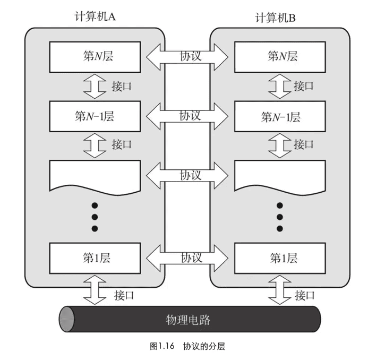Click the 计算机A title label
click(x=95, y=16)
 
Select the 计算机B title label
click(x=275, y=18)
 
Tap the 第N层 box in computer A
click(x=95, y=57)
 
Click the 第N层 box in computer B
click(x=280, y=57)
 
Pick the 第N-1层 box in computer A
click(x=95, y=116)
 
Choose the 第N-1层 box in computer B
click(x=280, y=116)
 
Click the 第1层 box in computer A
click(x=95, y=258)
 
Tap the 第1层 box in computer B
click(x=280, y=258)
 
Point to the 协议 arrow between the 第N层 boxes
click(x=187, y=57)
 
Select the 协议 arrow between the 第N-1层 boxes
click(x=187, y=116)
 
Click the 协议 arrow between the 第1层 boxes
click(x=187, y=258)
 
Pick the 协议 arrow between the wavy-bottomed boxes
click(x=187, y=176)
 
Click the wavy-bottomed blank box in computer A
click(x=95, y=177)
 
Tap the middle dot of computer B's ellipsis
click(x=280, y=217)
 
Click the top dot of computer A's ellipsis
click(x=95, y=205)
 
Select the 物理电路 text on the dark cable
click(x=188, y=320)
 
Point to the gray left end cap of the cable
click(x=66, y=319)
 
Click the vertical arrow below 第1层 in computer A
click(x=95, y=290)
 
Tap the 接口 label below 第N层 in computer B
click(x=304, y=86)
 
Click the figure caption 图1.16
click(x=162, y=346)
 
